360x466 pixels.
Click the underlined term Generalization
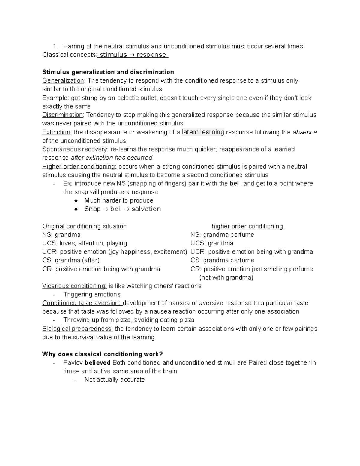pos(63,80)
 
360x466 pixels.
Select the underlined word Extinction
pos(56,132)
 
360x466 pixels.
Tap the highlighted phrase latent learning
pos(203,132)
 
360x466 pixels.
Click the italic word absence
pos(305,132)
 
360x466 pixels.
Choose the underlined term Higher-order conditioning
pos(79,167)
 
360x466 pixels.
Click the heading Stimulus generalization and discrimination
pos(108,72)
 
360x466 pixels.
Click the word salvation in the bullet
pos(146,209)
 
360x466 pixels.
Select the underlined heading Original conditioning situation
pos(85,226)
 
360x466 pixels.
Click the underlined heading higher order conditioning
pos(247,226)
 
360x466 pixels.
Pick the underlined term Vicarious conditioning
pos(74,286)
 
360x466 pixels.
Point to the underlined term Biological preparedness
pos(77,329)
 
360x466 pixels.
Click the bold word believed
pos(98,363)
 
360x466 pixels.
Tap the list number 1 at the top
pos(55,46)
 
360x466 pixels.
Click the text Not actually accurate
pos(115,380)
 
